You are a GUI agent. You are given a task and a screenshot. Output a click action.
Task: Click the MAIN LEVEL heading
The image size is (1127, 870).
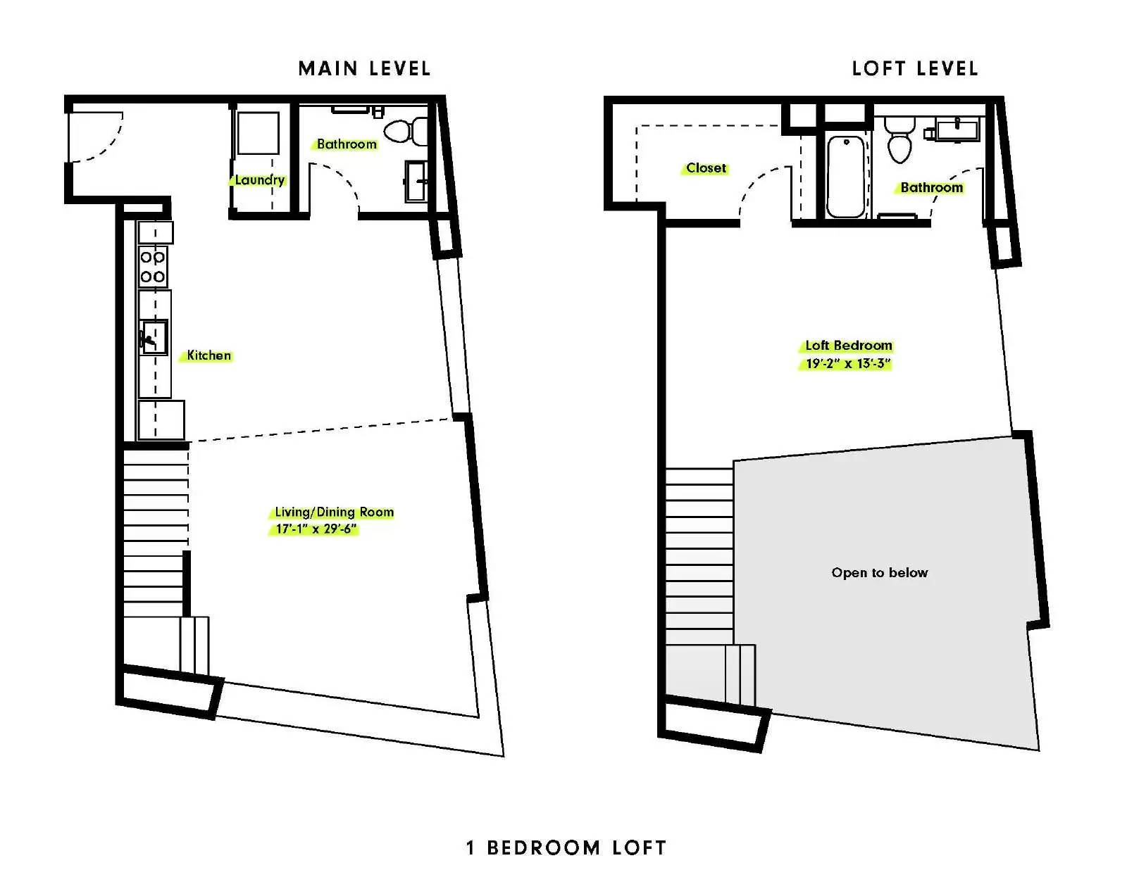(364, 69)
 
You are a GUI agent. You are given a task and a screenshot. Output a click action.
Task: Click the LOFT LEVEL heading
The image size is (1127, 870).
(915, 69)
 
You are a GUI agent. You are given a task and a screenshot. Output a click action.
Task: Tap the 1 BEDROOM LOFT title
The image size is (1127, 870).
(566, 847)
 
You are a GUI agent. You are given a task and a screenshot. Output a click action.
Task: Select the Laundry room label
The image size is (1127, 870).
(259, 179)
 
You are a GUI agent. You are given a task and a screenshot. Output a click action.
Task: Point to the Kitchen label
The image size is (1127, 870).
(208, 355)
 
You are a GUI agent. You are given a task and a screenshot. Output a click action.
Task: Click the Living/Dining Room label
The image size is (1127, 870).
(334, 512)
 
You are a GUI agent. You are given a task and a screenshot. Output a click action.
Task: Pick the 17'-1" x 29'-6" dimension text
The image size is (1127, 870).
(316, 529)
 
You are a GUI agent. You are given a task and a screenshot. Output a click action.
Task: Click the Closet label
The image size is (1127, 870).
(706, 168)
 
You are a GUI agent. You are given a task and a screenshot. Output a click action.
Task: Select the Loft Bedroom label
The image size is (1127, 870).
(849, 346)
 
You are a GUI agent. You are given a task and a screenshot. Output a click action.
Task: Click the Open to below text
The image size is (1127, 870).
(880, 572)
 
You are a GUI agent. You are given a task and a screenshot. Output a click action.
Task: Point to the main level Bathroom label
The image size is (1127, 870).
(347, 144)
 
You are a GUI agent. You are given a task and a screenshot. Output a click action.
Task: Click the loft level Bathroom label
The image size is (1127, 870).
(931, 187)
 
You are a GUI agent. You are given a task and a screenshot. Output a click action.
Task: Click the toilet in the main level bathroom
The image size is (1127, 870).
(405, 131)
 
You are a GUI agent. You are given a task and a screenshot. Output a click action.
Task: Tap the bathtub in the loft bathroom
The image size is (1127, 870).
(845, 176)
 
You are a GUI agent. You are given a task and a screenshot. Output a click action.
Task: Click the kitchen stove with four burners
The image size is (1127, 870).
(153, 266)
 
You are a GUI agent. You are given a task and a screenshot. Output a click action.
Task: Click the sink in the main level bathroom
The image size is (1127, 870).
(416, 182)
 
